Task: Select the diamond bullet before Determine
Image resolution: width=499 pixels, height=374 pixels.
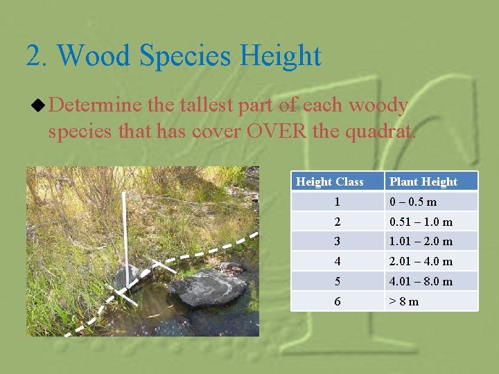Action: point(38,106)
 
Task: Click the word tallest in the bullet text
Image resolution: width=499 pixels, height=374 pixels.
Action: point(208,105)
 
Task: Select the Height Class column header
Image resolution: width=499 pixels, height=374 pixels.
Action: point(330,181)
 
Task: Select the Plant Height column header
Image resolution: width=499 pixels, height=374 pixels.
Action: point(423,181)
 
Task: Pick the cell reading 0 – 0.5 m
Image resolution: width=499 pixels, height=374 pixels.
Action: point(413,202)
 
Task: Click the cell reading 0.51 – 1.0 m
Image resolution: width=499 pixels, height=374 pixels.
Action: point(421,222)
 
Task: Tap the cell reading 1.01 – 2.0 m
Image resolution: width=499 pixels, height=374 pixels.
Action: point(421,241)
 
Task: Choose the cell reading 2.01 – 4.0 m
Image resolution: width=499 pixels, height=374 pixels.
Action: point(421,261)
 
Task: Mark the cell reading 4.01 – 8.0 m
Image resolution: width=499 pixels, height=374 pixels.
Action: point(421,281)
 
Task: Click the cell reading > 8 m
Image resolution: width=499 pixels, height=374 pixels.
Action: point(404,301)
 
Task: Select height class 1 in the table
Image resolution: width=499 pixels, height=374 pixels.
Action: point(337,202)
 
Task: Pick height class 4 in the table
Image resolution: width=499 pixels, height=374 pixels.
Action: point(337,261)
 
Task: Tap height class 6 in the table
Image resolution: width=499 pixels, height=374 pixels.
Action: point(337,301)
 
